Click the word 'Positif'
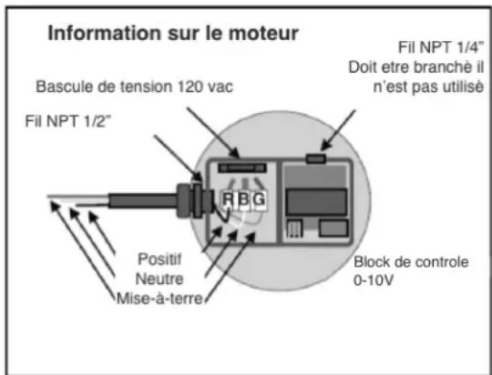click(x=166, y=258)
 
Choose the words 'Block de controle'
click(x=410, y=262)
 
